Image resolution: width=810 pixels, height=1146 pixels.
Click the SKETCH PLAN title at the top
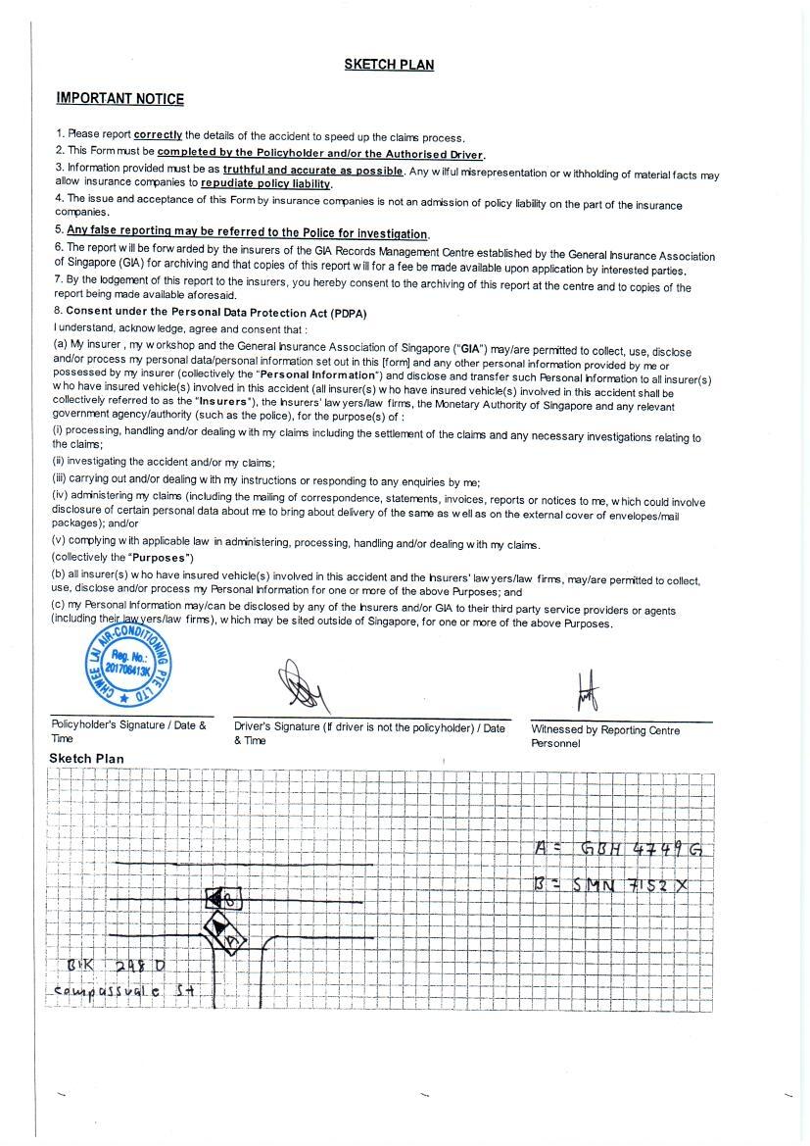(x=389, y=65)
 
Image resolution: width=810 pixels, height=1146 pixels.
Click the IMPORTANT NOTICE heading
(x=119, y=98)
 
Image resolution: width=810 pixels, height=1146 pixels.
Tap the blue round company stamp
(x=126, y=658)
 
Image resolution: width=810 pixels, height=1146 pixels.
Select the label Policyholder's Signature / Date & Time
(x=128, y=731)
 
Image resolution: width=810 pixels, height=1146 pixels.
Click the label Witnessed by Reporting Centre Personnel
(x=604, y=736)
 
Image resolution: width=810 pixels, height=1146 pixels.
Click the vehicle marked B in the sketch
(x=224, y=898)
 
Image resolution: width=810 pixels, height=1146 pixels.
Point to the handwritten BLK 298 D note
(x=116, y=966)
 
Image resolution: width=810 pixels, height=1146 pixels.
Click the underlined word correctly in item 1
(x=158, y=134)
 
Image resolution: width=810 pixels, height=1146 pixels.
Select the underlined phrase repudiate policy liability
(x=266, y=183)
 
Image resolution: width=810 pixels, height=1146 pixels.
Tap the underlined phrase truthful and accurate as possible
(x=312, y=170)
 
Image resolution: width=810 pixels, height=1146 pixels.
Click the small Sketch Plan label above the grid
(x=86, y=758)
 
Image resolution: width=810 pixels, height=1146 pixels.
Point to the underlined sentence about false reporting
(x=247, y=233)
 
